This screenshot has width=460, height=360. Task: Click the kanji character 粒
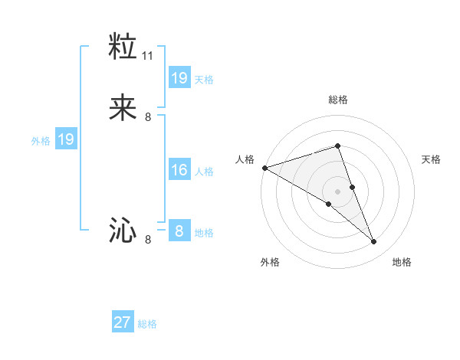pyautogui.click(x=123, y=46)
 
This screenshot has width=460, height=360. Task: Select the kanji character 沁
pyautogui.click(x=123, y=231)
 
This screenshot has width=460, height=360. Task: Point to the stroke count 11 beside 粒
pyautogui.click(x=148, y=56)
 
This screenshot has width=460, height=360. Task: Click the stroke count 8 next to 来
pyautogui.click(x=148, y=117)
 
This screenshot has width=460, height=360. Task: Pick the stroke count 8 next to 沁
pyautogui.click(x=148, y=240)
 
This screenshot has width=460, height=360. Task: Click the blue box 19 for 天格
pyautogui.click(x=179, y=78)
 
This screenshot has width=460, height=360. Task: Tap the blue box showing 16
pyautogui.click(x=179, y=170)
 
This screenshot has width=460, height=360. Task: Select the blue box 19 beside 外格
pyautogui.click(x=65, y=139)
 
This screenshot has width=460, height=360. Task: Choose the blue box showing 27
pyautogui.click(x=122, y=322)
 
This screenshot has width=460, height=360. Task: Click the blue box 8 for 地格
pyautogui.click(x=179, y=231)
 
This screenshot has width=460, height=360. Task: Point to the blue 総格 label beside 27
pyautogui.click(x=147, y=324)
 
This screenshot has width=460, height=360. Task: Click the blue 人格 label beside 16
pyautogui.click(x=204, y=172)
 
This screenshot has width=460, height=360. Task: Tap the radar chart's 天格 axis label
pyautogui.click(x=432, y=159)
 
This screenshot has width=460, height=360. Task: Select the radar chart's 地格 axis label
pyautogui.click(x=402, y=262)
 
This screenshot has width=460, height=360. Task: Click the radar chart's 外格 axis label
pyautogui.click(x=270, y=262)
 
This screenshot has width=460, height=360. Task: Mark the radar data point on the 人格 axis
pyautogui.click(x=264, y=168)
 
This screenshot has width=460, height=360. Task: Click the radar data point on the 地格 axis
pyautogui.click(x=374, y=242)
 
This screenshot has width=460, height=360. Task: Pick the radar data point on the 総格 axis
pyautogui.click(x=337, y=146)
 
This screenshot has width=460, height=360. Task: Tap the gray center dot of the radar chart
pyautogui.click(x=337, y=191)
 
